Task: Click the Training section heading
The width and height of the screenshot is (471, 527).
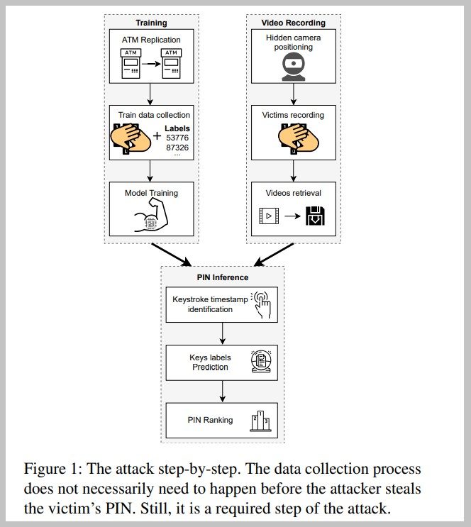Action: pyautogui.click(x=150, y=23)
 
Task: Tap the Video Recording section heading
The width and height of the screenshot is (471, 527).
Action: pyautogui.click(x=294, y=23)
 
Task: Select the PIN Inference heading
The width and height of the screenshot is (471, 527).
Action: pyautogui.click(x=223, y=277)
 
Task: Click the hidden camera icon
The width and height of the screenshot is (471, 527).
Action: pyautogui.click(x=294, y=67)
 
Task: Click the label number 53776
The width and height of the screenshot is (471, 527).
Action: pyautogui.click(x=177, y=138)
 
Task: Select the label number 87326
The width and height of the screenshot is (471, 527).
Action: pyautogui.click(x=177, y=148)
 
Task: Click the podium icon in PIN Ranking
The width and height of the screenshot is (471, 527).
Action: pyautogui.click(x=260, y=421)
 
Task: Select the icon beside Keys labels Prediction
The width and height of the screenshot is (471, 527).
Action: pyautogui.click(x=260, y=362)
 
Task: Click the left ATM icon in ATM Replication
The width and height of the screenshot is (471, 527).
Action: pyautogui.click(x=131, y=64)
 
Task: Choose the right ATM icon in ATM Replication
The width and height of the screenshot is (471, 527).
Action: pyautogui.click(x=171, y=64)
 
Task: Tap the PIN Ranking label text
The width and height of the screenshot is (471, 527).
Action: pyautogui.click(x=210, y=420)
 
